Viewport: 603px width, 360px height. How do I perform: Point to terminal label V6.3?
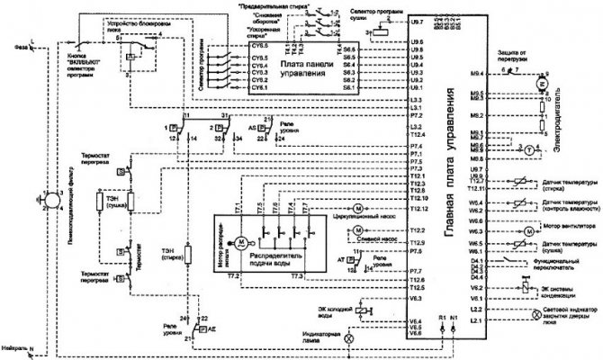415,297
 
